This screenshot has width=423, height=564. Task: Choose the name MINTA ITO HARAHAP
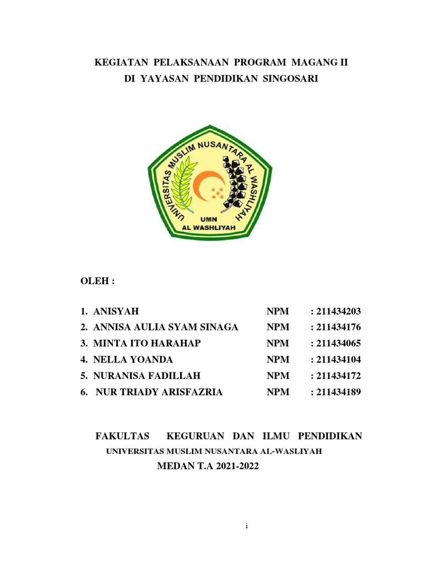[147, 344]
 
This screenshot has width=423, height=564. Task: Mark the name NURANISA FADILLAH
[147, 376]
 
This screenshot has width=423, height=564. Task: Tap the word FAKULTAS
[122, 436]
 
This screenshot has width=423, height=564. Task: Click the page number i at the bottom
[247, 527]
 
